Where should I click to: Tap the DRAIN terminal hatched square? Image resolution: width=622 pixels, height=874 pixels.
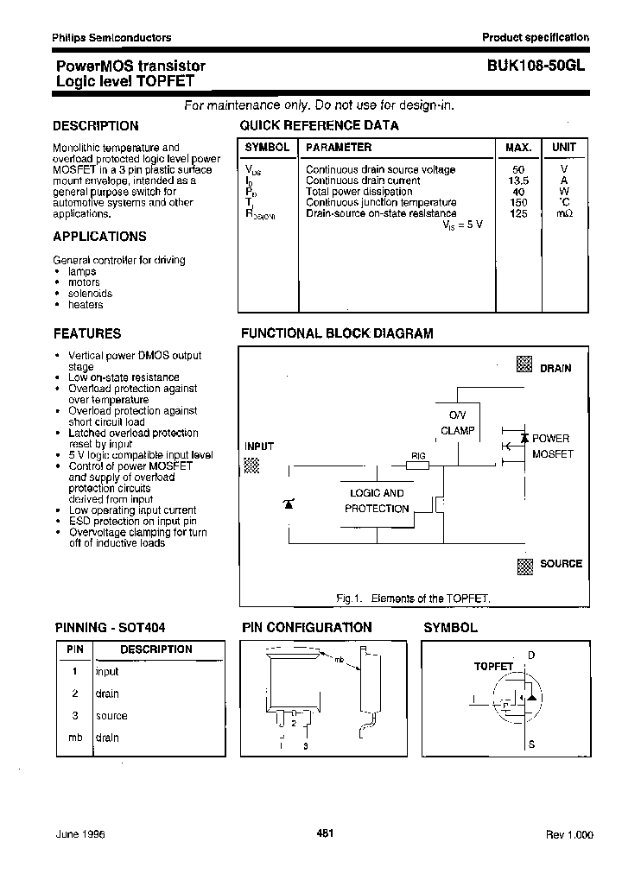coord(524,364)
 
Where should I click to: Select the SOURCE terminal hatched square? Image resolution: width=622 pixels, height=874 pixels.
coord(524,566)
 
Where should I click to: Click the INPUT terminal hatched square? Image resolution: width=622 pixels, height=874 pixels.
coord(251,465)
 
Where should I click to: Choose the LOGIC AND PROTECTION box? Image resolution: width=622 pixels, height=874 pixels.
coord(377,502)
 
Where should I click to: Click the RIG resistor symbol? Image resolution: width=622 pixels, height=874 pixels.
coord(418,465)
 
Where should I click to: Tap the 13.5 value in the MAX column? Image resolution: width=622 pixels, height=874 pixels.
coord(519,180)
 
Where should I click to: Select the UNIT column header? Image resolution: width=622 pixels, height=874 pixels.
coord(563,148)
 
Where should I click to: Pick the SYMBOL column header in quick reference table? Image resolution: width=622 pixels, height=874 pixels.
coord(267,148)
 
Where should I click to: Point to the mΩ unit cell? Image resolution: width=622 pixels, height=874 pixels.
coord(563,213)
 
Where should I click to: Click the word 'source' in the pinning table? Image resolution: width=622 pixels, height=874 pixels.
coord(111,716)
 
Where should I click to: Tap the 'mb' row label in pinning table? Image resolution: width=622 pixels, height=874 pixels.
coord(75,738)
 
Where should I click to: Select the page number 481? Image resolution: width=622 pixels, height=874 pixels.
coord(326,833)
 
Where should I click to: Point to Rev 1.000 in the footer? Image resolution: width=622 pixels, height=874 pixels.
coord(568,835)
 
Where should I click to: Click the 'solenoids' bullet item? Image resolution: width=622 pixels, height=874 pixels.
coord(90,294)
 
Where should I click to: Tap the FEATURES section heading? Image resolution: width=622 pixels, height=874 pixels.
coord(87,333)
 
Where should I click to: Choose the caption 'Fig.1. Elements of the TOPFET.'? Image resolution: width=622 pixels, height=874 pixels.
coord(413,598)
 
